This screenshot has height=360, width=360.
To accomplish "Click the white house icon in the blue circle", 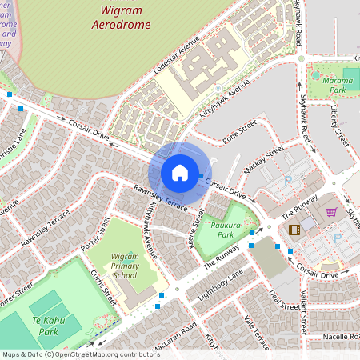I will [180, 173].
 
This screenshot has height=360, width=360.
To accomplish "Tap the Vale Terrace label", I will [257, 331].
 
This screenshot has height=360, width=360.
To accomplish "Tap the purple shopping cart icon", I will [331, 212].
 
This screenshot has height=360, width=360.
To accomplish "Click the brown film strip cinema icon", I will [294, 230].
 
